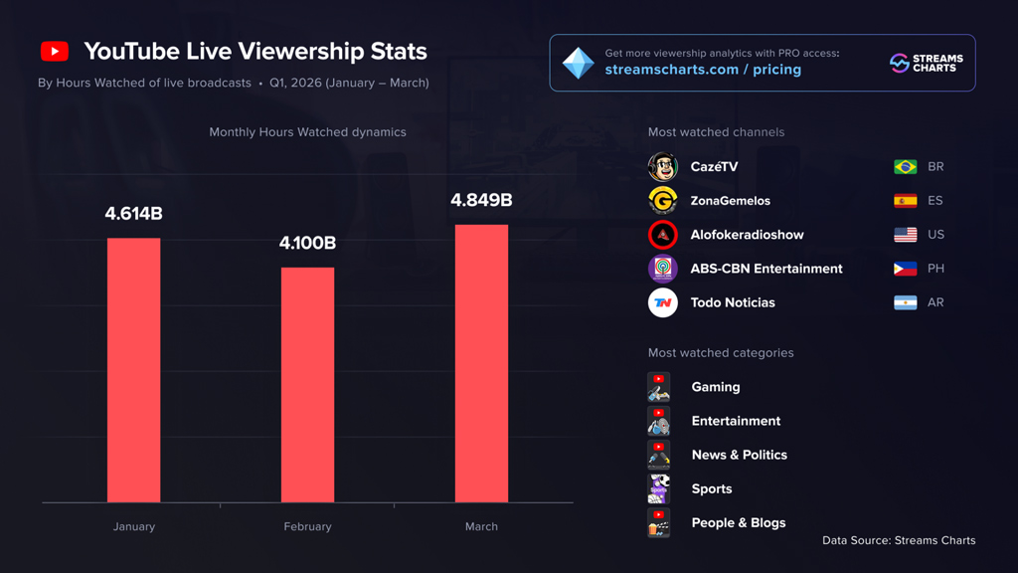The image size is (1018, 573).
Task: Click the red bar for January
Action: click(133, 370)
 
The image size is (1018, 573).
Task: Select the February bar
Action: click(307, 385)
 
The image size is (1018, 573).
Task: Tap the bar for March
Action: click(481, 363)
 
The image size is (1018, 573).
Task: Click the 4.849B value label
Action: click(481, 200)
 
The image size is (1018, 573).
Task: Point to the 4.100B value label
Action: click(307, 243)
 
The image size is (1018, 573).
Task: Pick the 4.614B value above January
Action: click(133, 214)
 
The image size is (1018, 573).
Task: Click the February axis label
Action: click(307, 526)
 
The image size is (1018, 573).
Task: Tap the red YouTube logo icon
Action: click(55, 52)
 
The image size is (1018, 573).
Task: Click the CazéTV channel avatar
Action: click(663, 167)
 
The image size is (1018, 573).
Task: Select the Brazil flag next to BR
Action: click(905, 167)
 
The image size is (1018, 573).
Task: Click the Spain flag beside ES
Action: click(905, 201)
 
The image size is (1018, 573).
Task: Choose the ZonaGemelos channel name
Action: click(730, 201)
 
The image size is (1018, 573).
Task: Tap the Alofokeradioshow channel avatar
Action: click(663, 235)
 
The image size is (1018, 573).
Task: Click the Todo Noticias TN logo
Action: click(663, 302)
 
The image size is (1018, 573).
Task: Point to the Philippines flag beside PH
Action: click(905, 269)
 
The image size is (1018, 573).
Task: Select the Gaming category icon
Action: click(658, 387)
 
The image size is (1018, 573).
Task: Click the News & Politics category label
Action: click(739, 455)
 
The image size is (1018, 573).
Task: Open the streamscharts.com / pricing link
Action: click(702, 70)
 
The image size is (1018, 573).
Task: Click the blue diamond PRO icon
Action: click(578, 63)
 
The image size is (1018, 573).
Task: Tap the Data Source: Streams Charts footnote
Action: click(899, 540)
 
